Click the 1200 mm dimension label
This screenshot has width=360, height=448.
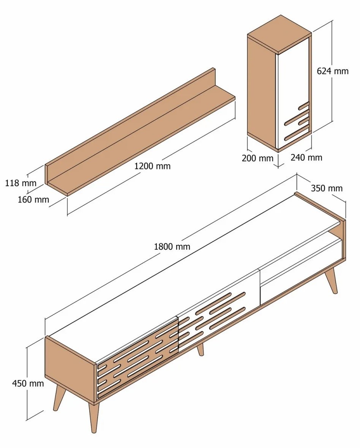pos(152,166)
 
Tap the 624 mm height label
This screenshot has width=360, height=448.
pos(333,71)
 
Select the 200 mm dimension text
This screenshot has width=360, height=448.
pos(257,158)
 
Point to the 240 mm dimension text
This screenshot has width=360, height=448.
pos(306,158)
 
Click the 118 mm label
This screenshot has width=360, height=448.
pos(21,183)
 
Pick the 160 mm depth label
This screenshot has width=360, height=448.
pos(33,199)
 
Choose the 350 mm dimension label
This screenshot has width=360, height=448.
pos(327,188)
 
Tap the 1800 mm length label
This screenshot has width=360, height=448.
pos(172,246)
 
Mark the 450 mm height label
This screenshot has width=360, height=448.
pos(28,383)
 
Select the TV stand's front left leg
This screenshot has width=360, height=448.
pos(93,418)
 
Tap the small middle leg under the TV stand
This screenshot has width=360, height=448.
pos(201,349)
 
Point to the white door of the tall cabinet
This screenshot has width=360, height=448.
pos(294,94)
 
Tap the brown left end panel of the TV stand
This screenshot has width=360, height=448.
pos(70,369)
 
